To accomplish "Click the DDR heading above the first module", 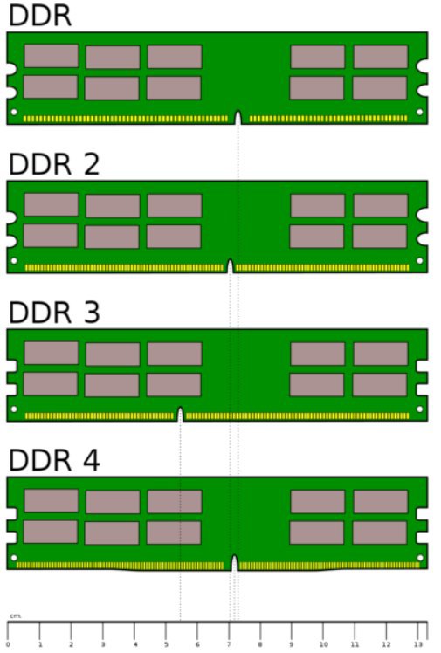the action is point(40,16).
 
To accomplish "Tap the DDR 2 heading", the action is point(54,164).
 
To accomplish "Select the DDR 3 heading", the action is point(54,313).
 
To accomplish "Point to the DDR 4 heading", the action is point(54,460).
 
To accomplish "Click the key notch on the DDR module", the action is point(238,118).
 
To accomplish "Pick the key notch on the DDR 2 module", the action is point(230,266).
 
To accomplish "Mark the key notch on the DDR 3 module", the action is point(180,414).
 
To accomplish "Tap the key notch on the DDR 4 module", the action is point(234,562).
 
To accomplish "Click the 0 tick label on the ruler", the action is point(8,644).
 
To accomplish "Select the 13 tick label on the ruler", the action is point(417,644).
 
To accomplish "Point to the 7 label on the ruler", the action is point(229,644).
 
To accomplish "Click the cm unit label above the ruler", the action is point(15,616).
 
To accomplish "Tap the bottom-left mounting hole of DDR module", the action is point(14,112).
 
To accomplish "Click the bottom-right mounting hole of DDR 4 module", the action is point(420,558).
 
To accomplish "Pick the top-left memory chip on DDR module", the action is point(52,56).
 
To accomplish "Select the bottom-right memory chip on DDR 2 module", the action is point(379,236).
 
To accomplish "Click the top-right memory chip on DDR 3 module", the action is point(381,354).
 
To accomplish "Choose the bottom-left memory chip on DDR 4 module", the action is point(51,532).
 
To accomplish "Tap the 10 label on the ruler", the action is point(323,644).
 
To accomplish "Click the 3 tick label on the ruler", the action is point(103,644).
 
